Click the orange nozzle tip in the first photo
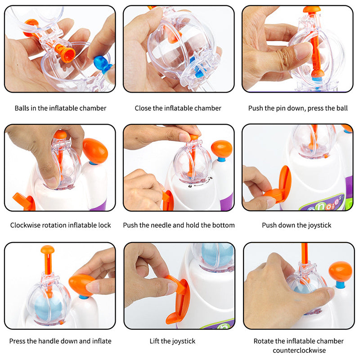[x=67, y=54]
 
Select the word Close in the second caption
[x=144, y=108]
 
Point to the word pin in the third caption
[x=287, y=108]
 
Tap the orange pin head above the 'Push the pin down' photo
[x=312, y=9]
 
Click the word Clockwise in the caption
[x=27, y=225]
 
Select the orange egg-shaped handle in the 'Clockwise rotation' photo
[x=95, y=150]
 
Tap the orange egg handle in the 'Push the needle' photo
[x=221, y=149]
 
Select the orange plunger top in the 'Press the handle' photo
[x=47, y=249]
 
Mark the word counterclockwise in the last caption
[x=298, y=350]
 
